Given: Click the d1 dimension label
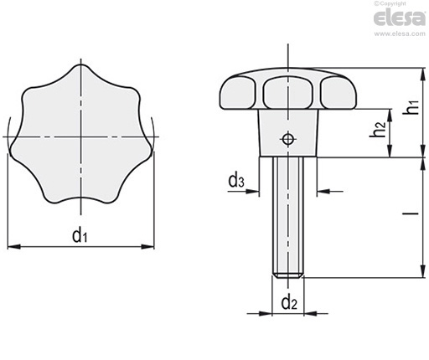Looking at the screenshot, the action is coord(80,235).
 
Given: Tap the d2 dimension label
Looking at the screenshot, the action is coord(289,303).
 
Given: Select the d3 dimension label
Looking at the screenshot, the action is coord(236,180).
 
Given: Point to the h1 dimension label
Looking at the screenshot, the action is coord(414,107).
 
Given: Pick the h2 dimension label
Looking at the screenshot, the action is coord(378,129).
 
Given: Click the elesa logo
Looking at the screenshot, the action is coord(400,18).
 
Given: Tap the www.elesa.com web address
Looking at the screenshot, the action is coord(400,33).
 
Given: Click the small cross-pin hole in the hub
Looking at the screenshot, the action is coord(287,139).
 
